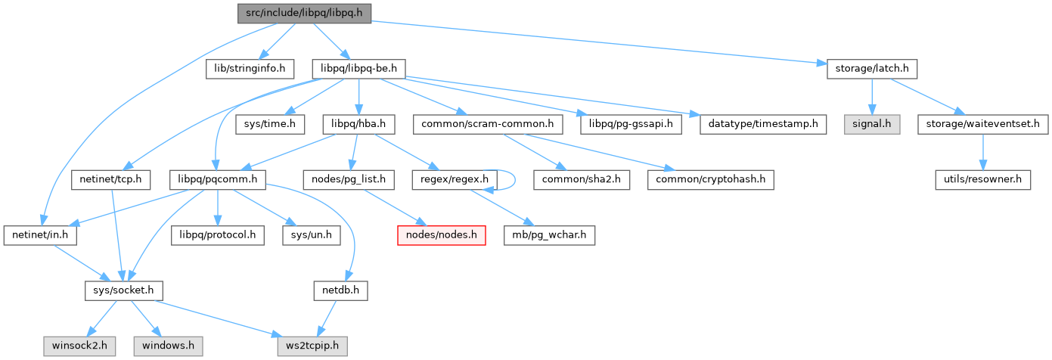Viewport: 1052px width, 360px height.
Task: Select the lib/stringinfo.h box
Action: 250,69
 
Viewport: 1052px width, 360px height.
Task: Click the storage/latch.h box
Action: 873,69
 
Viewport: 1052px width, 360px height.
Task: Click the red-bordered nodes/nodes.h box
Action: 442,235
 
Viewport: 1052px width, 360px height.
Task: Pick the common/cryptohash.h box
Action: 711,180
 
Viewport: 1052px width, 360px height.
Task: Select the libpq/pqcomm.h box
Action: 218,180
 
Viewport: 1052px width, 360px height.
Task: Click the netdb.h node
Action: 340,290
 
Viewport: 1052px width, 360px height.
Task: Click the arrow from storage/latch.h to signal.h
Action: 873,96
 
